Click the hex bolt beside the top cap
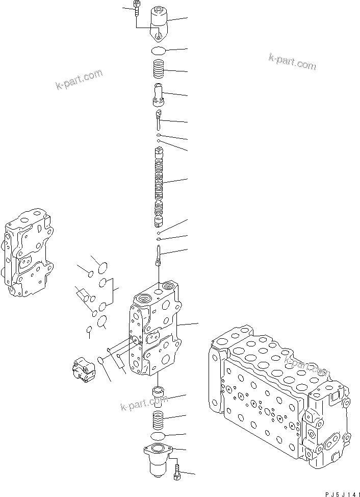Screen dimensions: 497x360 pyautogui.click(x=137, y=7)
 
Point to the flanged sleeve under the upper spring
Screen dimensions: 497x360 pyautogui.click(x=159, y=93)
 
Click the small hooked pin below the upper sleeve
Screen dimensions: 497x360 pyautogui.click(x=159, y=119)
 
